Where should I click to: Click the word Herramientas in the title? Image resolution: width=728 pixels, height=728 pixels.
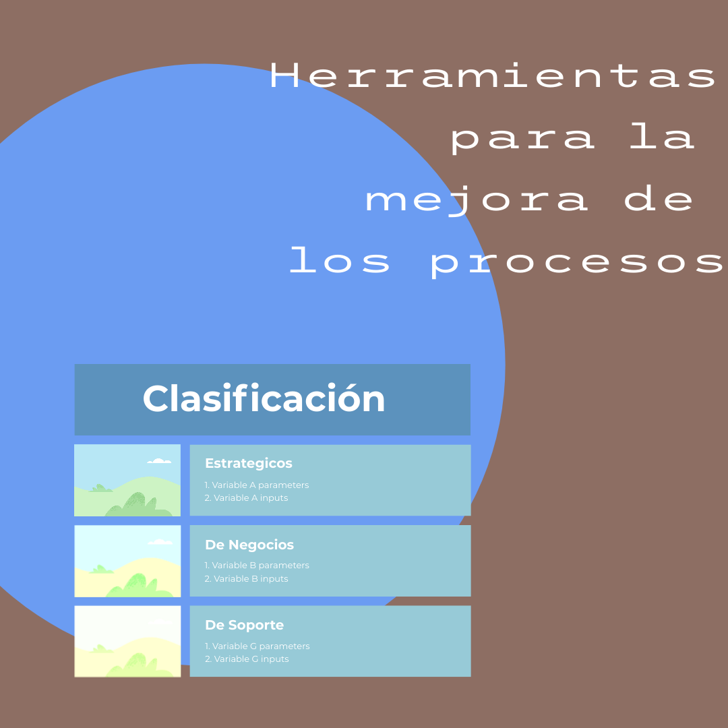[493, 75]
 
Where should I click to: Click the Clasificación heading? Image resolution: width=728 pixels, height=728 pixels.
[264, 398]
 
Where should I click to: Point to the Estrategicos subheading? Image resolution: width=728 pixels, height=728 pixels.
[248, 463]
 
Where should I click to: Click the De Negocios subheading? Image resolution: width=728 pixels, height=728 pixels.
[249, 545]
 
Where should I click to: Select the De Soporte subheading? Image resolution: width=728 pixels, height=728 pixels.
[244, 625]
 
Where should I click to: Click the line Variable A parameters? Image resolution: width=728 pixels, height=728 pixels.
[257, 485]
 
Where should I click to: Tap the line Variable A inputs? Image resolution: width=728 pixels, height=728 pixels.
[246, 497]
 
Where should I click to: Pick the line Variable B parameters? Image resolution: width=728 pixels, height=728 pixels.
[257, 566]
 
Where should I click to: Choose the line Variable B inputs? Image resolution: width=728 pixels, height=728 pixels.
[246, 578]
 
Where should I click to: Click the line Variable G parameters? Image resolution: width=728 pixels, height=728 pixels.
[257, 646]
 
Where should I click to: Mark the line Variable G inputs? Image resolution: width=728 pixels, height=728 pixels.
[247, 659]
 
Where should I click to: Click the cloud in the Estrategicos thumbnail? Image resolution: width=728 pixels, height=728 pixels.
[159, 461]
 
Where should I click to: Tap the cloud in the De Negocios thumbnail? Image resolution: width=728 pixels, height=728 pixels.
[160, 542]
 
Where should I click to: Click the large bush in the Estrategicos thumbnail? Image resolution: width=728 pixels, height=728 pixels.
[138, 505]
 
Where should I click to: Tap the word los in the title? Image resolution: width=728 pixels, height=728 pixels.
[339, 260]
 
